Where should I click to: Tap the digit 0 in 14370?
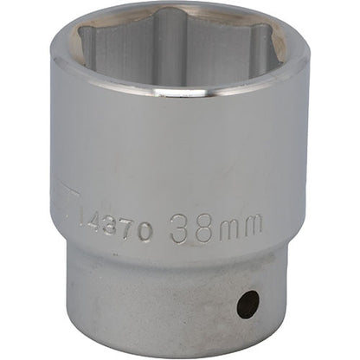147,231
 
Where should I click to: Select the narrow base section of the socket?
173,303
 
